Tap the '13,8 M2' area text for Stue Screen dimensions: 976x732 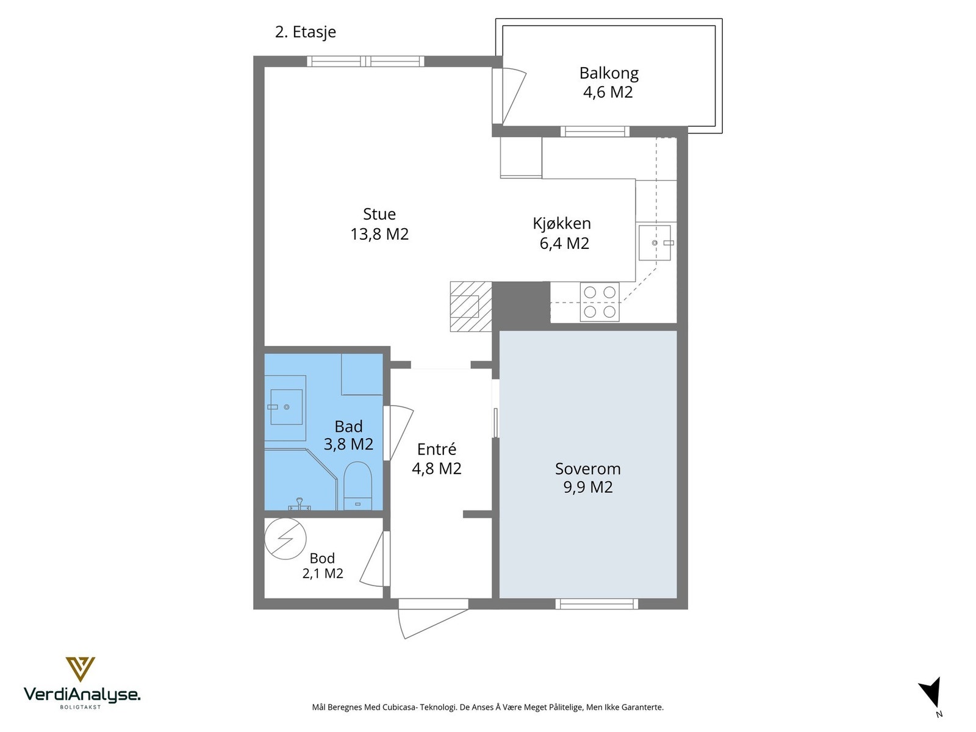click(379, 234)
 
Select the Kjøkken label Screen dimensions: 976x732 click(562, 223)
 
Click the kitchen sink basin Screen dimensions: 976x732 click(654, 243)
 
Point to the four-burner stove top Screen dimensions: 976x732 click(600, 302)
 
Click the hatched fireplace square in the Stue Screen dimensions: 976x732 click(470, 306)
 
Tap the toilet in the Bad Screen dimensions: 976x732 click(357, 486)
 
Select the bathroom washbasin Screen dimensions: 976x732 click(286, 407)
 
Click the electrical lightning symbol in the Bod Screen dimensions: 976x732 click(285, 539)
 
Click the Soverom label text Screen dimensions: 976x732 click(588, 468)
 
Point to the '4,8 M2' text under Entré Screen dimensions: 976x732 click(437, 468)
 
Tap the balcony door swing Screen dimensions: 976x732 click(509, 96)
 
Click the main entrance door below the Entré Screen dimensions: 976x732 click(433, 618)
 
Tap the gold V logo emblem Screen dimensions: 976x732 click(81, 669)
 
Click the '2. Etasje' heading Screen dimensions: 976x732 click(306, 32)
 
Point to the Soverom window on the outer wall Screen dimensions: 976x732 click(597, 603)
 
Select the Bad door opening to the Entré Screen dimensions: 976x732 click(398, 433)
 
